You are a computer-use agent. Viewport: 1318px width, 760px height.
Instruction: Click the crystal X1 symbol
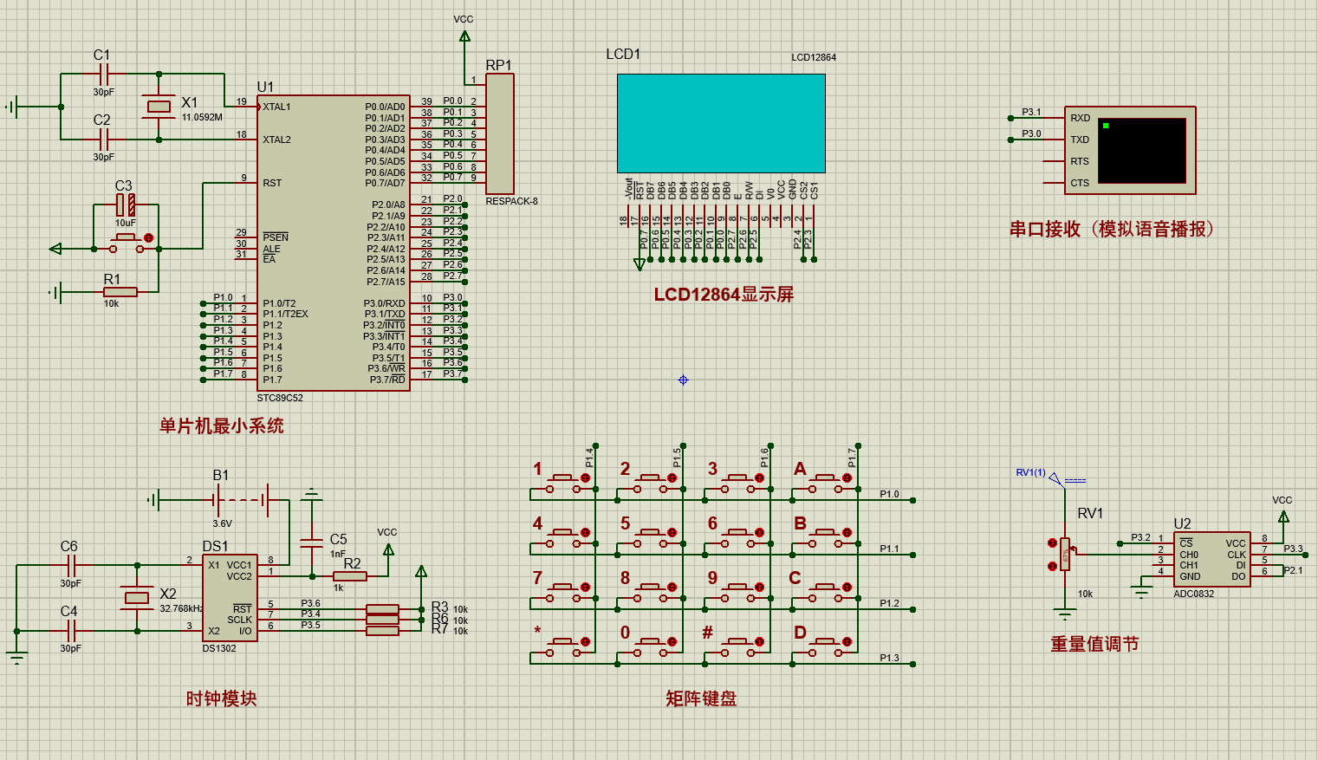pos(159,107)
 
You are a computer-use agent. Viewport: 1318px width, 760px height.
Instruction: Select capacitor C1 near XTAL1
pos(104,75)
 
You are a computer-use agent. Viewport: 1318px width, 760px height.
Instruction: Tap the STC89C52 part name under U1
pos(280,399)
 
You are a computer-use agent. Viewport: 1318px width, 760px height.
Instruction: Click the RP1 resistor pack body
pos(499,133)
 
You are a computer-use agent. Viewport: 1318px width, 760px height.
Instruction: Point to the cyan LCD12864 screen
pos(721,123)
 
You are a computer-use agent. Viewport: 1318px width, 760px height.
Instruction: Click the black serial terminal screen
pos(1141,151)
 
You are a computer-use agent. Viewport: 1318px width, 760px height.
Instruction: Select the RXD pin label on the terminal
pos(1080,118)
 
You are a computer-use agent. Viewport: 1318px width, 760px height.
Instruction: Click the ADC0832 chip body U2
pos(1211,559)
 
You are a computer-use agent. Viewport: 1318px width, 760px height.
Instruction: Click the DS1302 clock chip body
pos(230,598)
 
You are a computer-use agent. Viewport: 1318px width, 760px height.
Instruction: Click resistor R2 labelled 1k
pos(350,576)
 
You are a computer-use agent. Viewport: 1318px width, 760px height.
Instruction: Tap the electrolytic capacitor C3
pos(126,205)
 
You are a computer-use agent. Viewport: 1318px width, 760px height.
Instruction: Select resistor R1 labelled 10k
pos(120,292)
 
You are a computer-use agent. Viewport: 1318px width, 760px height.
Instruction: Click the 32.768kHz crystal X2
pos(137,597)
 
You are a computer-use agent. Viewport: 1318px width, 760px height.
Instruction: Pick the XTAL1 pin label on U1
pos(276,107)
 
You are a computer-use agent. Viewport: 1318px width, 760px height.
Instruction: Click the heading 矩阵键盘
pos(701,698)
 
